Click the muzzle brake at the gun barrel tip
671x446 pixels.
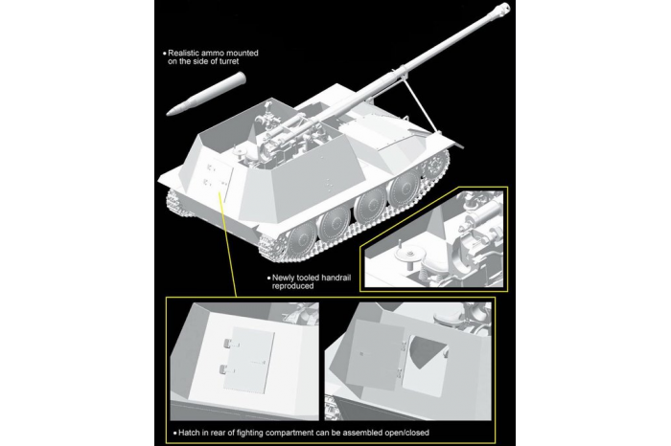500,11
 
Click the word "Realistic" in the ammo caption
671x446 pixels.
189,53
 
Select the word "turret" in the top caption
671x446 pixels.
242,63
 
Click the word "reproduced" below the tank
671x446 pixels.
296,286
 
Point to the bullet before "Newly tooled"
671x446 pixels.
267,277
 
